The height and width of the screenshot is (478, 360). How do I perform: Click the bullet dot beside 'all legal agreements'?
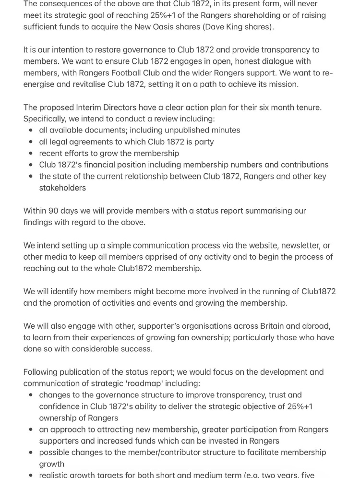31,142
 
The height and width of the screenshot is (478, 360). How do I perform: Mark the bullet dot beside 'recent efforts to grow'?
31,154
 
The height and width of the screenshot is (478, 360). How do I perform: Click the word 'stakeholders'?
62,188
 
